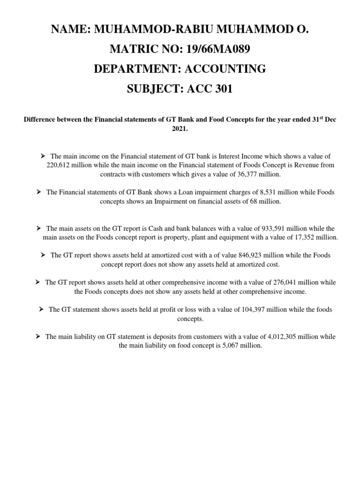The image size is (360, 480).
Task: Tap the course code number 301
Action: (x=220, y=89)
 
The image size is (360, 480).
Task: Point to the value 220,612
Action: (x=60, y=165)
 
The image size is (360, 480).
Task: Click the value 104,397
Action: (x=256, y=309)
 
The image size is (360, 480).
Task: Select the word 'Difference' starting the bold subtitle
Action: (x=40, y=120)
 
